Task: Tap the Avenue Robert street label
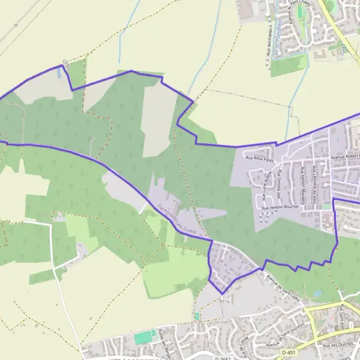pos(345,158)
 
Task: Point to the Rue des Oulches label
pos(335,346)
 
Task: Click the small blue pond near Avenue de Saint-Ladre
pos(316,293)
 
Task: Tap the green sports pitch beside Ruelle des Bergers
pos(144,337)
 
